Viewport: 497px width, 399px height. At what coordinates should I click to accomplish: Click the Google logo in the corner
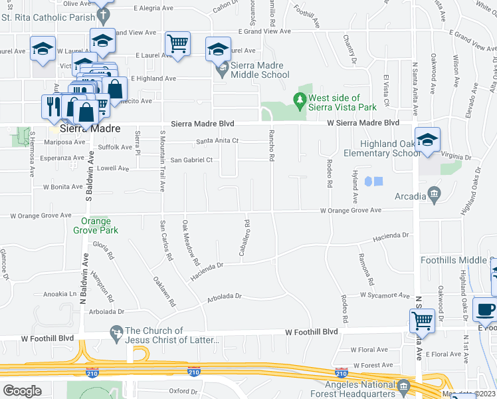point(23,390)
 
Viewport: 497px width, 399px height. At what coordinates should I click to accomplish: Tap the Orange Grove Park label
point(100,225)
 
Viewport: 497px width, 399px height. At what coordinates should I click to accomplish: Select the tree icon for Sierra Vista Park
point(300,101)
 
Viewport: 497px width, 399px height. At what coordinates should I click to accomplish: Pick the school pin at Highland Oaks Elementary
point(428,140)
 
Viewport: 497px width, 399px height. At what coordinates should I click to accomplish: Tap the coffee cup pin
point(486,310)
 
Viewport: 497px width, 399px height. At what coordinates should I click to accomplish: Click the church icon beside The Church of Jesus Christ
point(117,331)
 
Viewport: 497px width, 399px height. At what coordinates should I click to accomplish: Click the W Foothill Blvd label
point(312,332)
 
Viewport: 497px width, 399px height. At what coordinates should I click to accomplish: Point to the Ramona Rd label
point(362,269)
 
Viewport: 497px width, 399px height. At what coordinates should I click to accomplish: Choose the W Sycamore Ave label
point(385,294)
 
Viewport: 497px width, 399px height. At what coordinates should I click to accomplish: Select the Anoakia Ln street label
point(60,293)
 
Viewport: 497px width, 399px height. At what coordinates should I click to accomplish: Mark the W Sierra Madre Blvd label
point(363,123)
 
